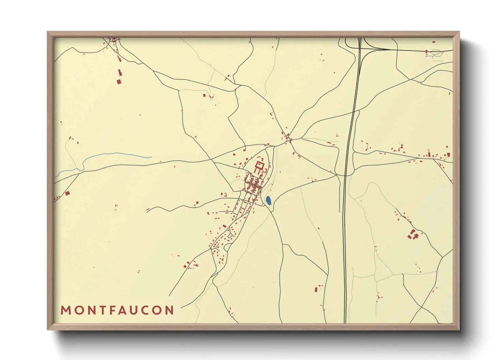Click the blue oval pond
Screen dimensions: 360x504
(x=268, y=200)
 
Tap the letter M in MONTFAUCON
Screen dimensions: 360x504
(x=65, y=310)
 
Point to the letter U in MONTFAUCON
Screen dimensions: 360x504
(x=136, y=310)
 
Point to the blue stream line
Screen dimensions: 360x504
(x=112, y=155)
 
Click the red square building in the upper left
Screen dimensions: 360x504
(x=119, y=81)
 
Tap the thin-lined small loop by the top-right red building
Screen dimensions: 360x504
(x=436, y=52)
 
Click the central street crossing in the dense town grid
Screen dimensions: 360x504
(x=253, y=186)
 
